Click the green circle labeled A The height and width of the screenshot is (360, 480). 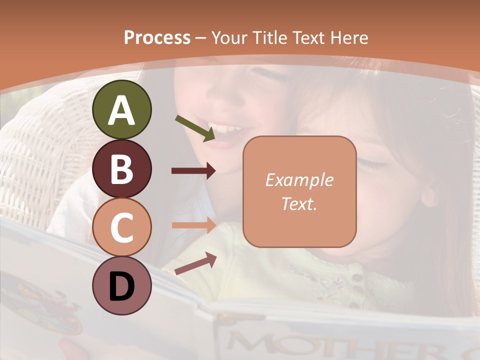[121, 110]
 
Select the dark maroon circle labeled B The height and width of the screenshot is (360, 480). [121, 169]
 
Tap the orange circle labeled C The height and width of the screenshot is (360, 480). [121, 227]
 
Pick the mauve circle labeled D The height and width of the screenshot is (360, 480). [121, 285]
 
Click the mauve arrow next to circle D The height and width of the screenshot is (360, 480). [195, 263]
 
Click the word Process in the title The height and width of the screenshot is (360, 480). [157, 37]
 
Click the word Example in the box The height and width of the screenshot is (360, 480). [299, 180]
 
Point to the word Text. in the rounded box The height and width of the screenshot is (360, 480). [299, 204]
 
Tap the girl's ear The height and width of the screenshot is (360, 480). [429, 196]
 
